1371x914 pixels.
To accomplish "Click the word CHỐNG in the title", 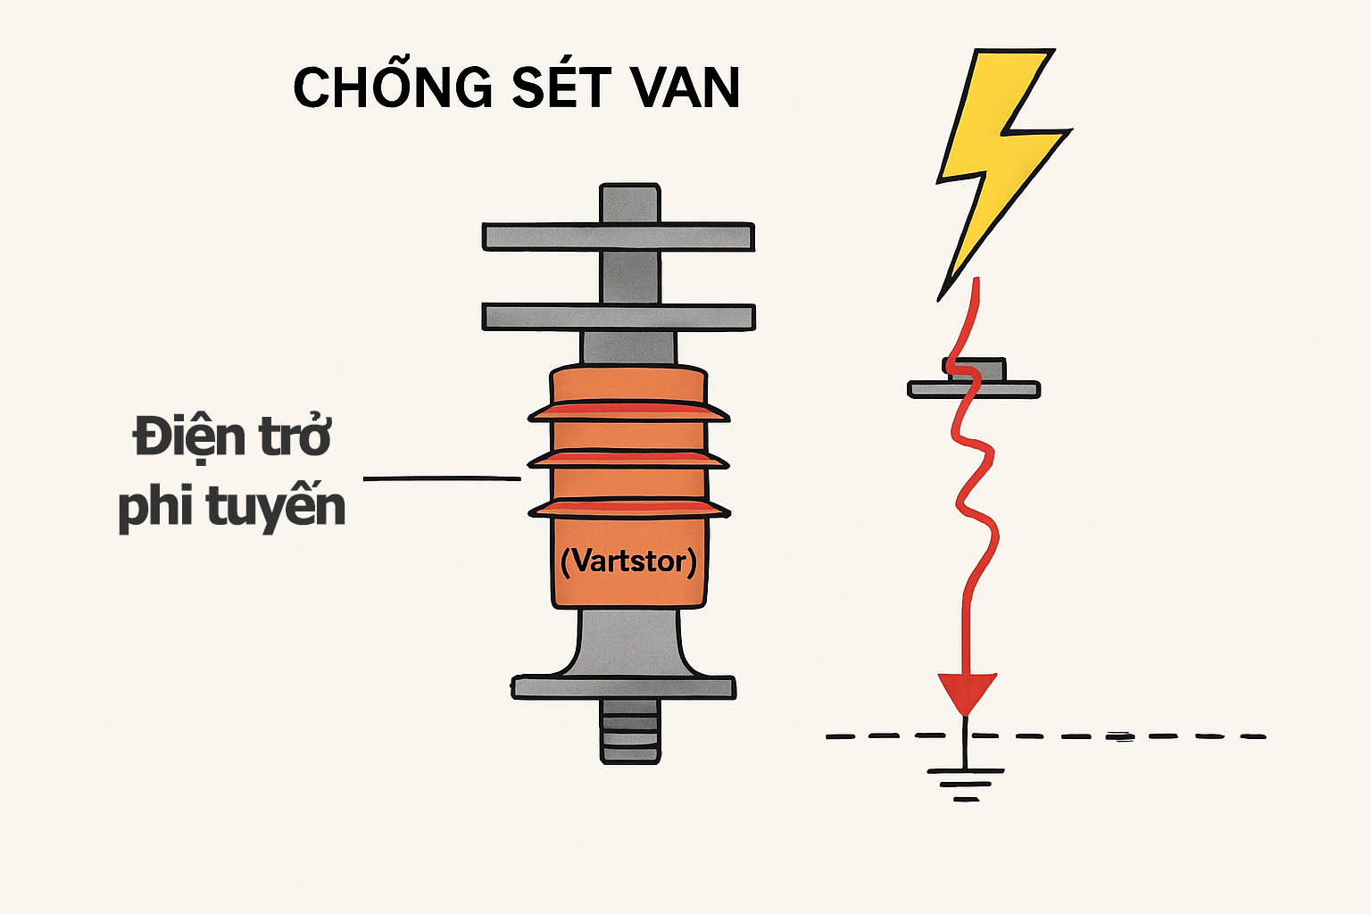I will click(393, 87).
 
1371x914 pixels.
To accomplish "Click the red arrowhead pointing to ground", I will click(966, 693).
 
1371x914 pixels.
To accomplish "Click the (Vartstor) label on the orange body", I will click(628, 561).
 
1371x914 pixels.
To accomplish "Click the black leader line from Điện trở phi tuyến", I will click(442, 478).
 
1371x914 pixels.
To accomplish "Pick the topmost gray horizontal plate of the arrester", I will click(618, 237).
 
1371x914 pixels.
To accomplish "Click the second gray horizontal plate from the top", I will click(618, 317).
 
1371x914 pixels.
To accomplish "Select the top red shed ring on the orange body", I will click(628, 412).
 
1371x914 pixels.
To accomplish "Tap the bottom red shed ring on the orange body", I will click(628, 510).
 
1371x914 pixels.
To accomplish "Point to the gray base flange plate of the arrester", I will click(623, 687).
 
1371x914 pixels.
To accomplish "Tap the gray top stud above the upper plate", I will click(629, 203).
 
